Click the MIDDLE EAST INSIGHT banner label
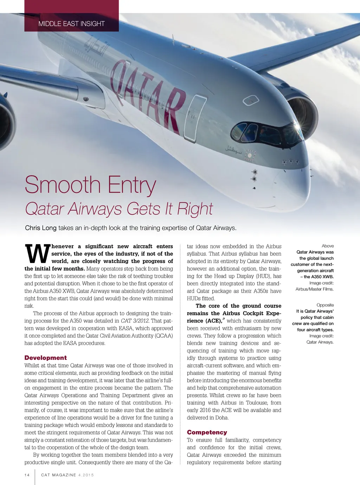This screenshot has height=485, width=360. [x=71, y=24]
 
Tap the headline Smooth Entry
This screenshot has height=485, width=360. [x=90, y=185]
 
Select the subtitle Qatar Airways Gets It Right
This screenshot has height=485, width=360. [x=119, y=209]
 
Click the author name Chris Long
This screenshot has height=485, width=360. [x=41, y=228]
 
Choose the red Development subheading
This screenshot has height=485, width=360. [x=46, y=358]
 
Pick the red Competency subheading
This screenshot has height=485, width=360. [x=207, y=432]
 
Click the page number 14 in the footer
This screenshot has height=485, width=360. [x=27, y=475]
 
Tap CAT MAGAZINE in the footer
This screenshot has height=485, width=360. [x=59, y=475]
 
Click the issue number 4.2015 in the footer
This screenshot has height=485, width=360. [x=86, y=475]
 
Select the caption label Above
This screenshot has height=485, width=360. [x=328, y=246]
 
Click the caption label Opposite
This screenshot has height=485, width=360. [x=325, y=305]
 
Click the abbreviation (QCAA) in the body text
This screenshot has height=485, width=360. [x=164, y=336]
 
